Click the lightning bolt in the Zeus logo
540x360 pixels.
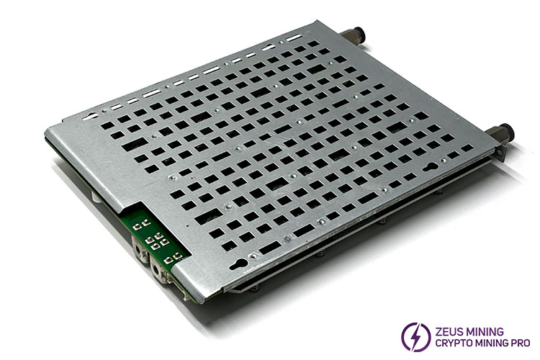(x=415, y=336)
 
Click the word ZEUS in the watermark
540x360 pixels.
(x=450, y=332)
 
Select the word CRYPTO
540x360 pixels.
(x=452, y=343)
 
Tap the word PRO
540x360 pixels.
(x=520, y=343)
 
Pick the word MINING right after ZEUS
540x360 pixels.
(x=485, y=332)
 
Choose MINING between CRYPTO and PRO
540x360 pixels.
(x=490, y=343)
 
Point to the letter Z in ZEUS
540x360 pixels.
(x=438, y=332)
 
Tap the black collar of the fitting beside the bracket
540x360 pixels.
(x=507, y=132)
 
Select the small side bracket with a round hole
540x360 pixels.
(x=500, y=153)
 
